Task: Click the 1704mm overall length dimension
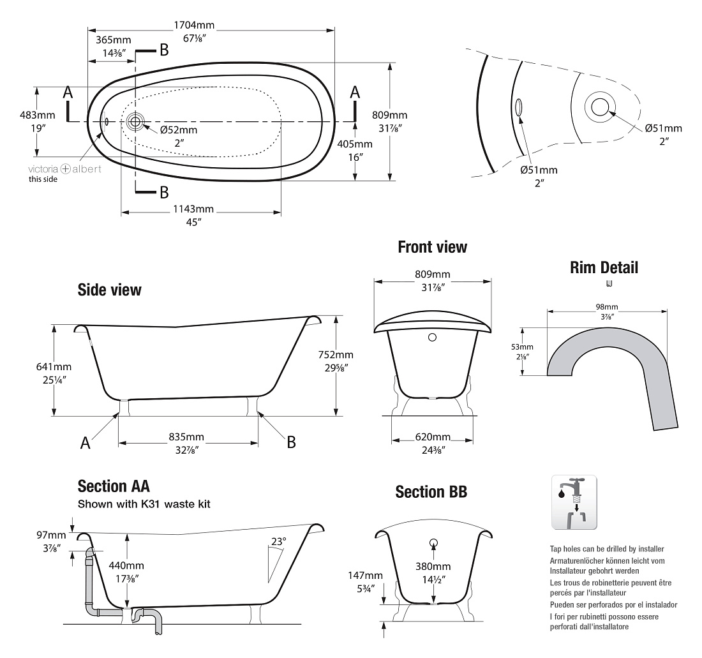click(194, 26)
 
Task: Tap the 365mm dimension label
click(113, 40)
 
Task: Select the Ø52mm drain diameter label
click(179, 130)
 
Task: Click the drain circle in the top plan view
click(135, 121)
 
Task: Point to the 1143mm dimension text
click(193, 209)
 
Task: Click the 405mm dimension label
click(355, 144)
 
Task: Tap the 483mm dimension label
click(37, 115)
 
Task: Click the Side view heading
click(110, 290)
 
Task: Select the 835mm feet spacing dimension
click(186, 437)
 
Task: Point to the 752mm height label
click(336, 355)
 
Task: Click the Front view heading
click(433, 247)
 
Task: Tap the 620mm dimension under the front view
click(433, 437)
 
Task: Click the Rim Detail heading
click(604, 267)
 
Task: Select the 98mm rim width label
click(607, 307)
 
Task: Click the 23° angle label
click(278, 542)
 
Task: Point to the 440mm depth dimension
click(126, 566)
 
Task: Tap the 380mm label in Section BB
click(433, 567)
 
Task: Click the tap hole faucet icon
click(574, 502)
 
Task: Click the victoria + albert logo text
click(65, 169)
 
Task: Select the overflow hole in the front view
click(432, 338)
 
